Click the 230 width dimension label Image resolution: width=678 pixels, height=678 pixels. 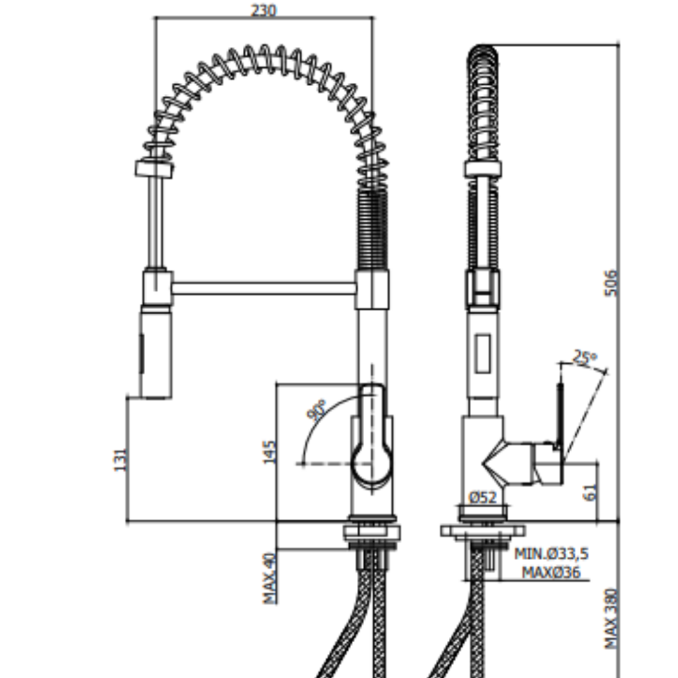(x=264, y=10)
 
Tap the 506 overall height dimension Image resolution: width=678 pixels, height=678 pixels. (x=611, y=283)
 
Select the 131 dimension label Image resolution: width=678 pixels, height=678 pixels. (x=121, y=460)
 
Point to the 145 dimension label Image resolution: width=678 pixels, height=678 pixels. (x=269, y=452)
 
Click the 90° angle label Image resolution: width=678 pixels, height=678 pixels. (x=316, y=410)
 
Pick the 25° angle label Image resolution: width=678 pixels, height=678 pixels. (x=585, y=357)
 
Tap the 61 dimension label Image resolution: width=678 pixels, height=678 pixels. (x=591, y=492)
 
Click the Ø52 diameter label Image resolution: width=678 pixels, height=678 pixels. (x=483, y=497)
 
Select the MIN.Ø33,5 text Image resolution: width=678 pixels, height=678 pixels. (x=552, y=554)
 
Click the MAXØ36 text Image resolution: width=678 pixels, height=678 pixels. (x=551, y=573)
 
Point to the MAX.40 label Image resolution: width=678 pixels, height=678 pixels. (x=269, y=577)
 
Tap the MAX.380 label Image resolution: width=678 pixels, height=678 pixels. (x=611, y=618)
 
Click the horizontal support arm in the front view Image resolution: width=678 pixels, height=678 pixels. (x=264, y=289)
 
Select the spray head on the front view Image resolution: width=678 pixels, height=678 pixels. (x=156, y=352)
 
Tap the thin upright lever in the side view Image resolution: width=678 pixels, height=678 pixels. (x=560, y=415)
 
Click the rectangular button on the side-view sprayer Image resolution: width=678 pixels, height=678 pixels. (x=483, y=353)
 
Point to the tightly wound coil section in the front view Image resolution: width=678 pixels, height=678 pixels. (x=372, y=229)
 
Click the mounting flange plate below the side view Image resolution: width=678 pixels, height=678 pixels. (x=483, y=531)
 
